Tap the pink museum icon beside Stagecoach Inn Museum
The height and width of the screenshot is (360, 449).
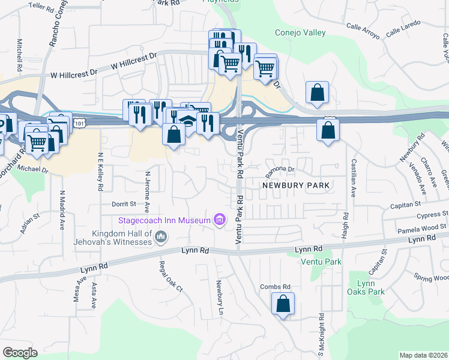click(220, 220)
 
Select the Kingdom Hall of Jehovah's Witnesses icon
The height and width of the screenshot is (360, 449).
click(160, 238)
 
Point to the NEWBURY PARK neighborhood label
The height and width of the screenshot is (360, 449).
click(295, 185)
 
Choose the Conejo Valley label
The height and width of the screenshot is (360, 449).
click(300, 33)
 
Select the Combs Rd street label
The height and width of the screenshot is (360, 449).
click(276, 287)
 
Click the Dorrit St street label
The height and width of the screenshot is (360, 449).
click(124, 203)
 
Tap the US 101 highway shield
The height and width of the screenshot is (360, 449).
click(80, 122)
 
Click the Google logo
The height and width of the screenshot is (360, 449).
click(20, 353)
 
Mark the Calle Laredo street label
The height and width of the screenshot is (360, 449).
click(403, 28)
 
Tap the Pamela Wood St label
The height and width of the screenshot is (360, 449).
click(423, 227)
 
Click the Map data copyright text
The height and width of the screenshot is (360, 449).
click(423, 355)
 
